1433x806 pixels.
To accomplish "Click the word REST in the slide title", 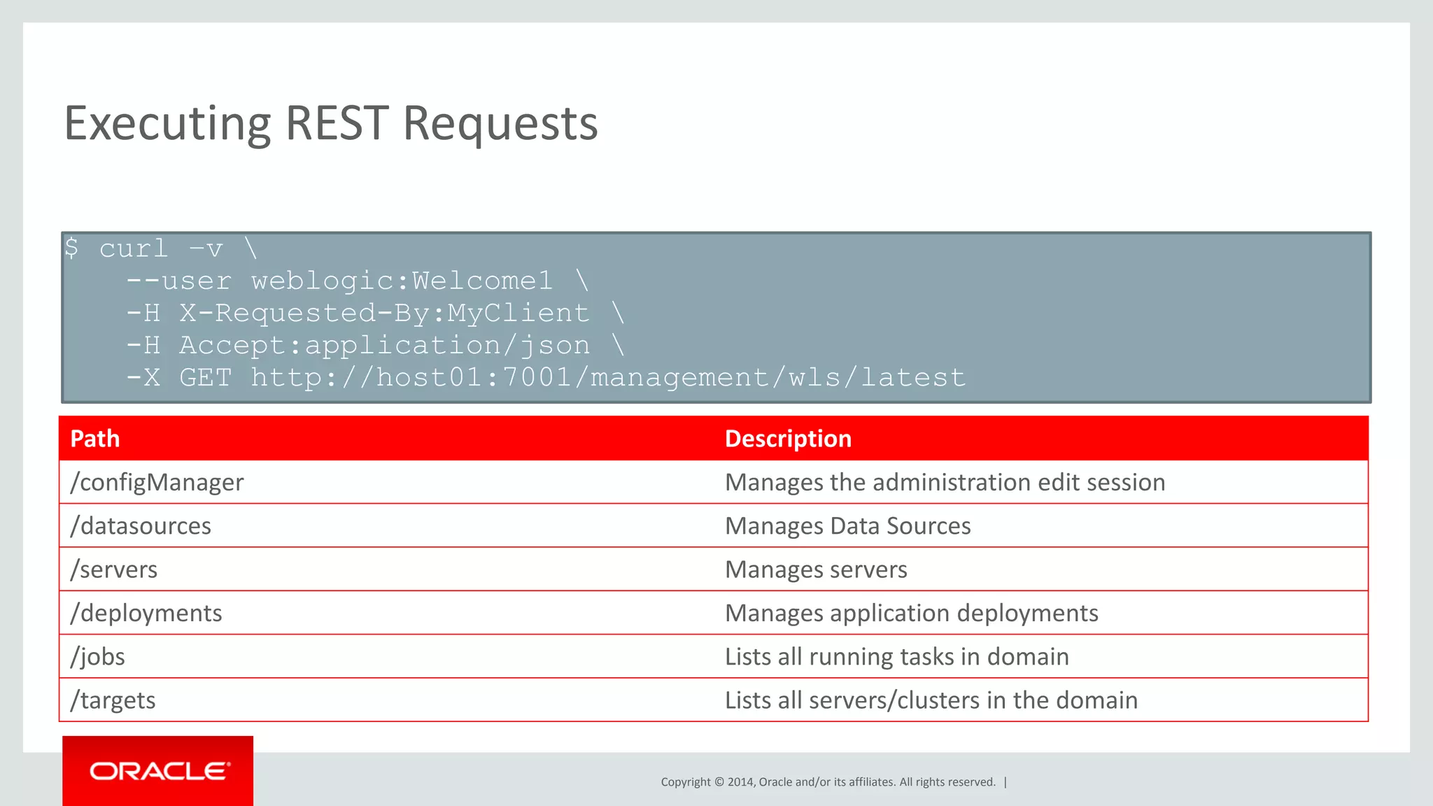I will click(x=337, y=124).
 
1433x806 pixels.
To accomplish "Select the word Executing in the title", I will click(x=167, y=124).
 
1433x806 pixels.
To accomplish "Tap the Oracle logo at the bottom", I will click(x=159, y=771).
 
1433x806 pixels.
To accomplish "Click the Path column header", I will click(x=95, y=439).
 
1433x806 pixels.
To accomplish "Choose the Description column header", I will click(x=788, y=439).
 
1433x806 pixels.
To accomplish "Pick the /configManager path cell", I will click(x=157, y=482).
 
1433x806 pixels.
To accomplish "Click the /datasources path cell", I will click(x=141, y=525).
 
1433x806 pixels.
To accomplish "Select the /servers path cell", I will click(x=114, y=570).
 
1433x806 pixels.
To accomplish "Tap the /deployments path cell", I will click(x=146, y=613).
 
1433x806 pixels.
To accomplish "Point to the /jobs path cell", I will click(x=98, y=656).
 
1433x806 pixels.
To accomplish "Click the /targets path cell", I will click(x=113, y=700).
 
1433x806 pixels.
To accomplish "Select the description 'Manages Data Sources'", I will click(x=847, y=525).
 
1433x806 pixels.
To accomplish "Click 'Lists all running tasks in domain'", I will click(x=896, y=656).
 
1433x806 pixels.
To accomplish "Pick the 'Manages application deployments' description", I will click(x=911, y=613).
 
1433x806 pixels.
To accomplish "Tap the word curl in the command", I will click(x=134, y=248).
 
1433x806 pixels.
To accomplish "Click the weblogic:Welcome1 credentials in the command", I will click(x=402, y=281).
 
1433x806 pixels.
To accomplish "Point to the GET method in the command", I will click(x=205, y=378).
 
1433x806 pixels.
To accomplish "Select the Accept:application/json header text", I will click(x=384, y=346).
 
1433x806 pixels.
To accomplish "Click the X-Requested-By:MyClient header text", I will click(x=384, y=313).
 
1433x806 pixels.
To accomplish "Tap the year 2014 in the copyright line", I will click(x=740, y=782).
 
